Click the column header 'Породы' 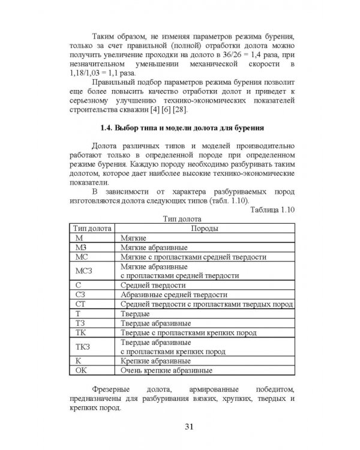pos(204,228)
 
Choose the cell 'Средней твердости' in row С pos(149,285)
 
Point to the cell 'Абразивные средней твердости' pos(173,295)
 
